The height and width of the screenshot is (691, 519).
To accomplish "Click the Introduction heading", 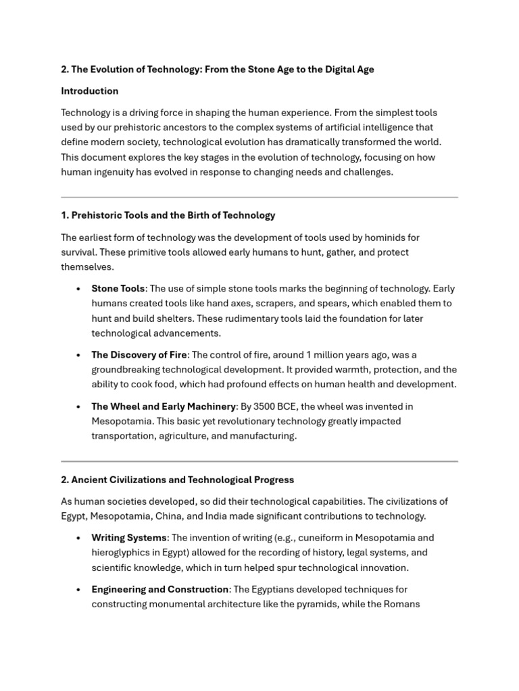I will click(x=89, y=91).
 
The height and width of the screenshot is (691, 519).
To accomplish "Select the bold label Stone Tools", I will click(x=118, y=289).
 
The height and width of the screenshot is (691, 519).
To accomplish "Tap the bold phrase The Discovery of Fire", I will click(x=139, y=355).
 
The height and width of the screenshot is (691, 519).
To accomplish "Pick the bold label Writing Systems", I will click(x=129, y=538).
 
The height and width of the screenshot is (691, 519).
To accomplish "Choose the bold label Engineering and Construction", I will click(x=160, y=589).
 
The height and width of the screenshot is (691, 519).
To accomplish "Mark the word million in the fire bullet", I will click(x=332, y=355).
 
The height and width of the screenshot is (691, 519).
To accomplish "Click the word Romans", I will click(x=403, y=604).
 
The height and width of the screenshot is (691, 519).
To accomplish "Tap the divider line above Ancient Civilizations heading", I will click(x=259, y=462).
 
